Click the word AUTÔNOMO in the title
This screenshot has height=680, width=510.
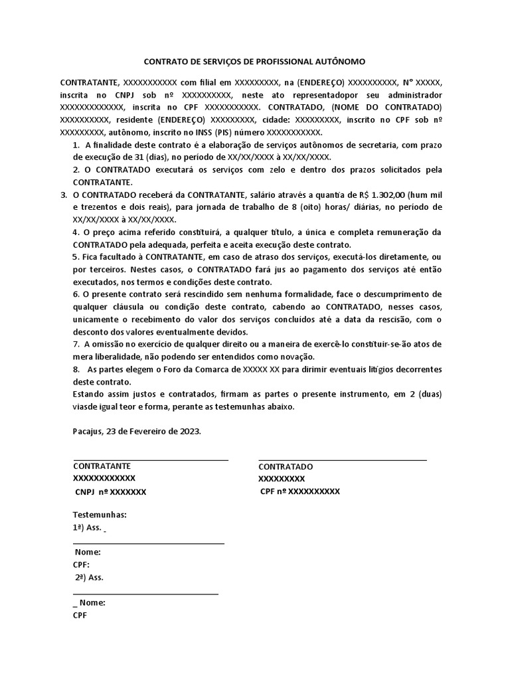point(337,61)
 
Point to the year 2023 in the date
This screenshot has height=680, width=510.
point(188,430)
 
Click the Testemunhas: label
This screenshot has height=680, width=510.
point(100,515)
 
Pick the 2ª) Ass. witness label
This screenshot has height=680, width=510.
point(89,577)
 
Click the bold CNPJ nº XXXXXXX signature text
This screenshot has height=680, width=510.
point(110,492)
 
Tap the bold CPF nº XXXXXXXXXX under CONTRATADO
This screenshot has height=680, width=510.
point(299,491)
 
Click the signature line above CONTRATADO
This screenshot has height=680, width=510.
point(342,460)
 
